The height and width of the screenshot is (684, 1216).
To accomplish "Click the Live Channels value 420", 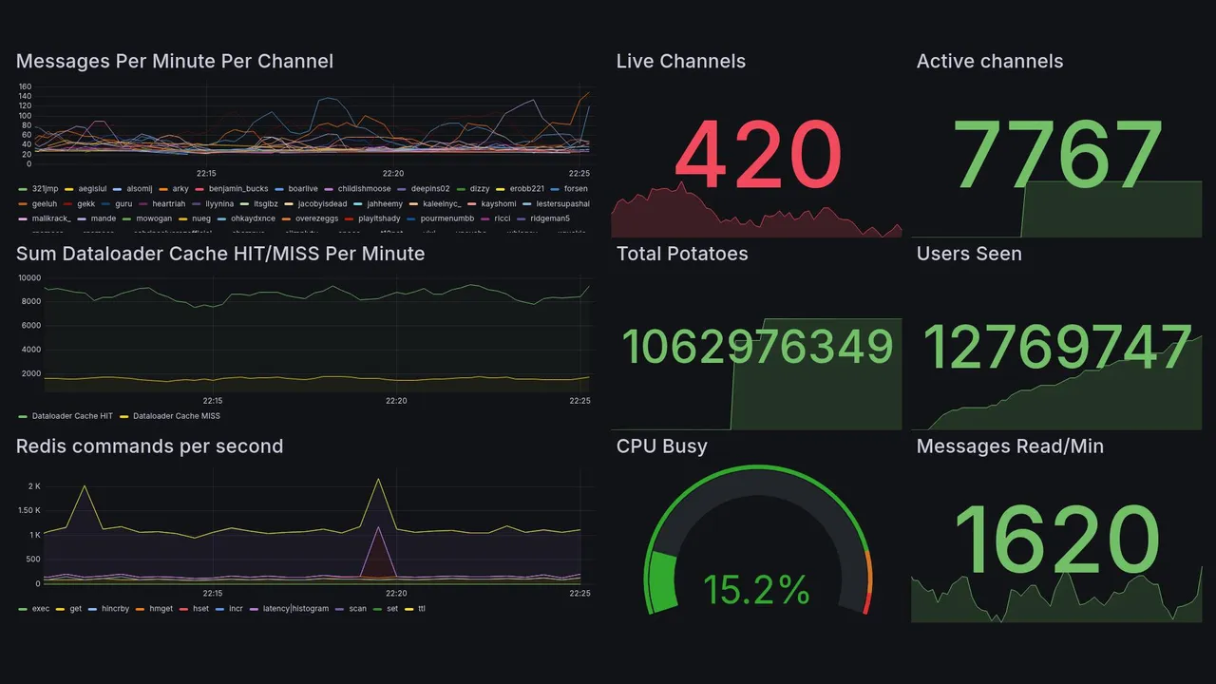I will coord(757,156).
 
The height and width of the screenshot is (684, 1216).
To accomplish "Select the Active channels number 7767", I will coord(1059,156).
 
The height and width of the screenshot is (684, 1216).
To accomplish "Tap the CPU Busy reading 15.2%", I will coord(756,591).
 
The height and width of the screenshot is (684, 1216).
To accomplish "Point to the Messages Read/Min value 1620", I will coord(1056,541).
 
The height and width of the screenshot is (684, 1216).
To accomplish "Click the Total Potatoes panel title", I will coord(681,254).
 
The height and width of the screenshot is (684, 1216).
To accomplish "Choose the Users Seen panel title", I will coord(968,254).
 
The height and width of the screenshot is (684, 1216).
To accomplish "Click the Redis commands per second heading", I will coord(149,446).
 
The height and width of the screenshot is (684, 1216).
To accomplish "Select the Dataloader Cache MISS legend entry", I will coord(176,416).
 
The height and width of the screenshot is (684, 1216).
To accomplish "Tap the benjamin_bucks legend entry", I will coord(238,189).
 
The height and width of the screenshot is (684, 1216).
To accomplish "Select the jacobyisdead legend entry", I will coord(322,204).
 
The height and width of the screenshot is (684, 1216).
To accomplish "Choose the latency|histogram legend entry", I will coord(295,609).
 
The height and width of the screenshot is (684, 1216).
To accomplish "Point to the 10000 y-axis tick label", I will coord(29,278).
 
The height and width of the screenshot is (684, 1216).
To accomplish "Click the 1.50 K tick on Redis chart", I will coord(28,511).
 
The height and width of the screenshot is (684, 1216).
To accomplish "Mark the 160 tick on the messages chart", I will coord(26,86).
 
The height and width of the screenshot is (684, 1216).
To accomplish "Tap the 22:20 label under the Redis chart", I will coord(396,594).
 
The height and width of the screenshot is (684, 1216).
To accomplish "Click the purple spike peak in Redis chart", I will coord(379,527).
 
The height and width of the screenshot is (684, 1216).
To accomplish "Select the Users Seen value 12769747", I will coord(1057,348).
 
